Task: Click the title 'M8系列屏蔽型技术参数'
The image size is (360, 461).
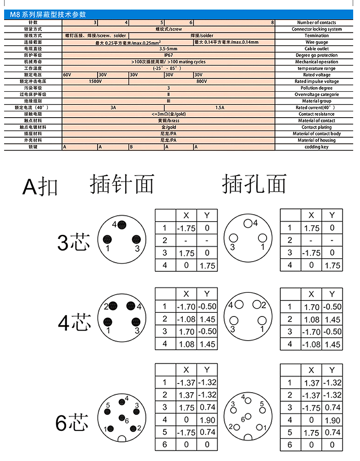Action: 48,14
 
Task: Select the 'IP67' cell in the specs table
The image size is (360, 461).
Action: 169,55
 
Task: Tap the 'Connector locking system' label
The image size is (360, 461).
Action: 317,29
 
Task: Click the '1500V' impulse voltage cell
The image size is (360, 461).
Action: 95,82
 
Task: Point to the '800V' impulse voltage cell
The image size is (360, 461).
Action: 202,82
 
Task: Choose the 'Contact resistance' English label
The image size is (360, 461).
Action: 317,114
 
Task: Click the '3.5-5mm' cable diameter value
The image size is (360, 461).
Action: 169,49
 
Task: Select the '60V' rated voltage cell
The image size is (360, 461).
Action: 67,75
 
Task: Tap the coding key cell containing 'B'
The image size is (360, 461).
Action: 131,147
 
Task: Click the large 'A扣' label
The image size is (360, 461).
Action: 41,186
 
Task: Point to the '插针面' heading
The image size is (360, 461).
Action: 122,184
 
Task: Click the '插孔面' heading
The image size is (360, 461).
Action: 254,184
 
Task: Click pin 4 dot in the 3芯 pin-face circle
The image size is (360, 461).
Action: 122,224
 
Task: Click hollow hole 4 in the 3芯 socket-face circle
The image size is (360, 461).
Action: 248,223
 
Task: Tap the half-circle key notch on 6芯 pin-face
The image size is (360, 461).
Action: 122,439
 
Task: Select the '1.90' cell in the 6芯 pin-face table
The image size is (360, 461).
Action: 207,420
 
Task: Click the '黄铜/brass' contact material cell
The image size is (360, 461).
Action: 169,121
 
